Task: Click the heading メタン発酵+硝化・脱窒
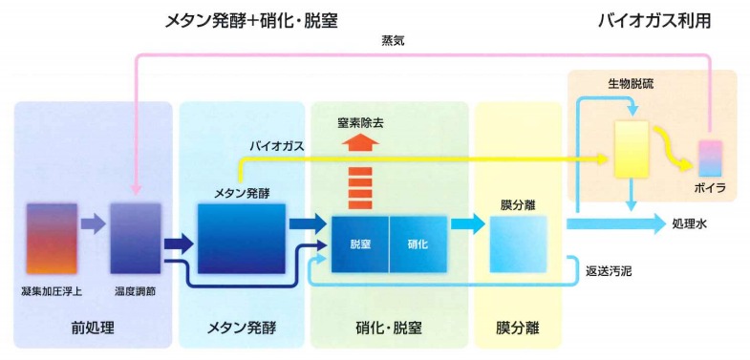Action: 252,19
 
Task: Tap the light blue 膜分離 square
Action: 519,244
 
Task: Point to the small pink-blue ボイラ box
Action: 712,156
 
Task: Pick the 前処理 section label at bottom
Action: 92,328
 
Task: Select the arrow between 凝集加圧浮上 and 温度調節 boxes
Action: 93,225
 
